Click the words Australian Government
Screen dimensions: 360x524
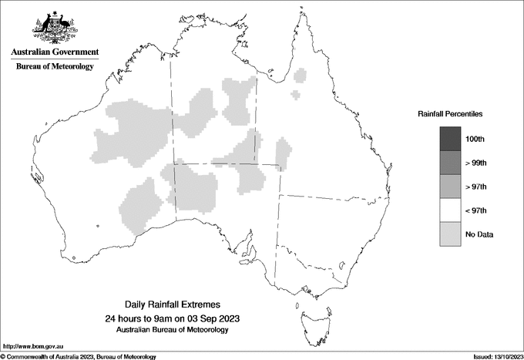(54, 52)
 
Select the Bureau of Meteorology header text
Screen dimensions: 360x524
(54, 67)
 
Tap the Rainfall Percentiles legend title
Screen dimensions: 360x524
(450, 113)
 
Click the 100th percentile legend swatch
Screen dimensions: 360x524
(450, 139)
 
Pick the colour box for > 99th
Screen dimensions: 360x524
(450, 163)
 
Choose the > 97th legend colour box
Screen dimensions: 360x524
(450, 187)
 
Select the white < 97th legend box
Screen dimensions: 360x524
(450, 210)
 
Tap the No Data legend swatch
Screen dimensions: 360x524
(450, 234)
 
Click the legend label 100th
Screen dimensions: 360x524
(475, 140)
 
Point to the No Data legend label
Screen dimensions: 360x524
(479, 234)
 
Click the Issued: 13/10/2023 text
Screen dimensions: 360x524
(497, 356)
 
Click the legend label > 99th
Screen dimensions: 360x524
(475, 163)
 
